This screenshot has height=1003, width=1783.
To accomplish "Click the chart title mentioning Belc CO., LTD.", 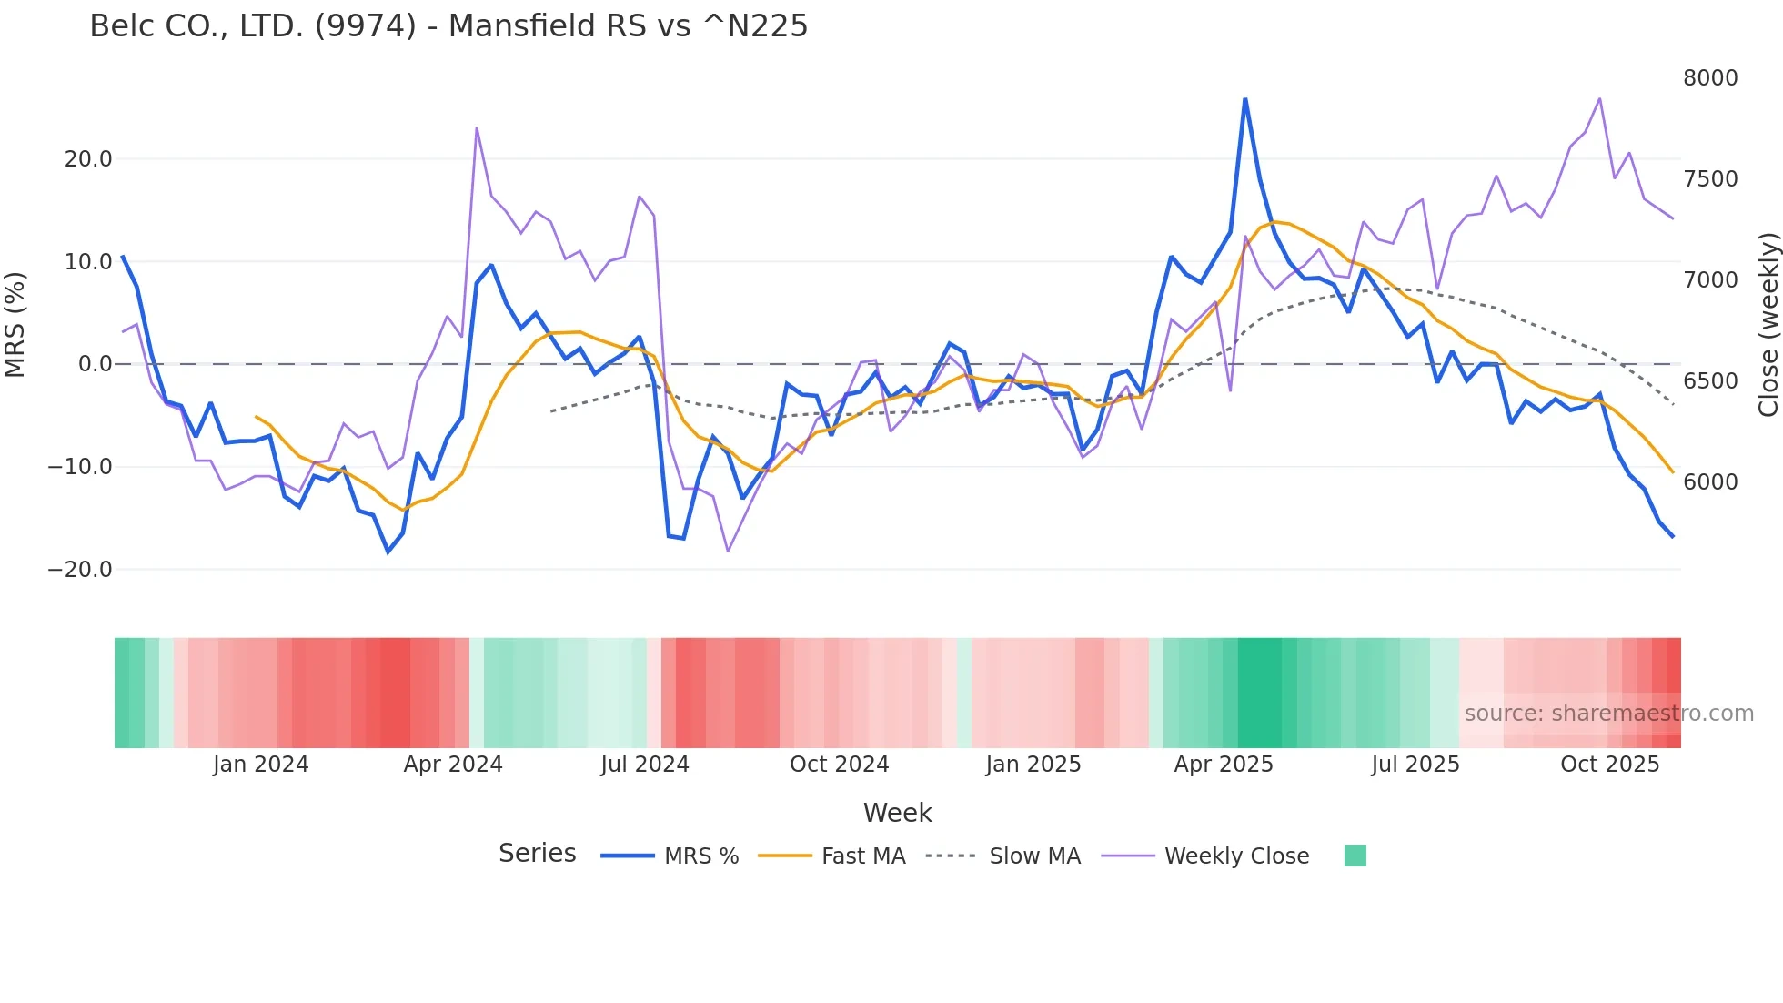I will point(448,26).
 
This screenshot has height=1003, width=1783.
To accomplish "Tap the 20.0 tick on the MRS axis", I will point(88,159).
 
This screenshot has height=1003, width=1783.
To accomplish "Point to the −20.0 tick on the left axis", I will point(80,570).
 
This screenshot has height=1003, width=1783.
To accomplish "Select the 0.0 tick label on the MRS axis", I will point(95,364).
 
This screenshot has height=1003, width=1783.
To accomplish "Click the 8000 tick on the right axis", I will point(1710,78).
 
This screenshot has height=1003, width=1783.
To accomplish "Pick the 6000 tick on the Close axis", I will point(1710,482).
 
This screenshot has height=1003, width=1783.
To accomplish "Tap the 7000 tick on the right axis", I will point(1710,280).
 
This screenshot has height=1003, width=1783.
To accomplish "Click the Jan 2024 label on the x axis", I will point(261,765).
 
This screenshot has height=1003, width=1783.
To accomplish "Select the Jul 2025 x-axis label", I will point(1415,765).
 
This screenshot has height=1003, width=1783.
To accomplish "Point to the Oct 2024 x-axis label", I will point(839,765).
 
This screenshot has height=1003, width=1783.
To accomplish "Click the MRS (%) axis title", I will point(15,324).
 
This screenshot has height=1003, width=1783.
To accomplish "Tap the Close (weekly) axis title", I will point(1768,324).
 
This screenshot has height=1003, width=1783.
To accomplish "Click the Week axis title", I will point(897,813).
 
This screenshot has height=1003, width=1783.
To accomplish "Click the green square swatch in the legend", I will point(1355,856).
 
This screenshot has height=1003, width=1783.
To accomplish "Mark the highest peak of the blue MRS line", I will point(1244,99).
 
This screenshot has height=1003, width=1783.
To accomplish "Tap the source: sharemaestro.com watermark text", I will point(1608,714).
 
